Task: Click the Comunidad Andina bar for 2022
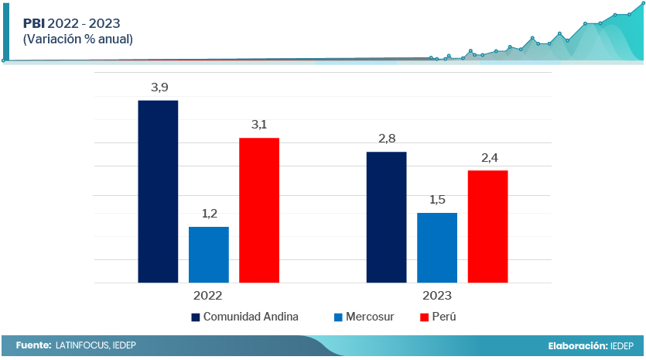pos(158,191)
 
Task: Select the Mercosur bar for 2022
pos(209,255)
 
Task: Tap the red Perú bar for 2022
pos(259,210)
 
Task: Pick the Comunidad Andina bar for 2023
pos(386,217)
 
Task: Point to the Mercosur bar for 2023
pos(437,248)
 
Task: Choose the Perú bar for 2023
pos(487,226)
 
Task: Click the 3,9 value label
pos(159,87)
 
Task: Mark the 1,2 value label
pos(210,214)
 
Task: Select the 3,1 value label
pos(260,125)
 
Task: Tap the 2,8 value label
pos(387,139)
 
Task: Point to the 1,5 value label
pos(437,200)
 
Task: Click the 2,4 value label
pos(489,157)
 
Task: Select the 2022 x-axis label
pos(208,296)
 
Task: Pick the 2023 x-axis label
pos(437,296)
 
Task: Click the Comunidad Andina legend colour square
pos(196,317)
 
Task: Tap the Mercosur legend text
pos(370,317)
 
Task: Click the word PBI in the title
pos(34,24)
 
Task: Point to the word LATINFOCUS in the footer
pos(82,345)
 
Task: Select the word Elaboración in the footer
pos(577,345)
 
